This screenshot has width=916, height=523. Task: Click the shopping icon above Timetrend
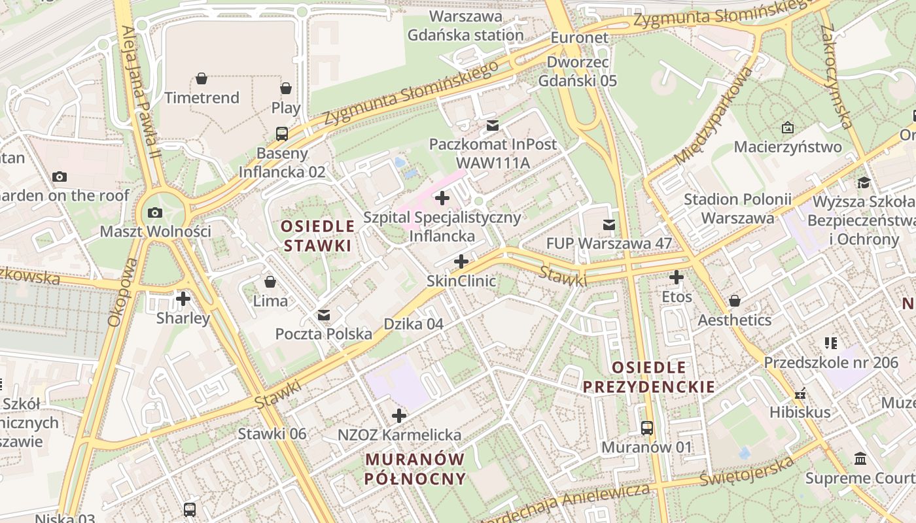click(202, 79)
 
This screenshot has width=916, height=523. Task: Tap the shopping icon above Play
click(286, 88)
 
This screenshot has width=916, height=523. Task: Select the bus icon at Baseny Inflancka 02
click(282, 134)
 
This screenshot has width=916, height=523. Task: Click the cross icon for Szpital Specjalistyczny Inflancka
click(442, 197)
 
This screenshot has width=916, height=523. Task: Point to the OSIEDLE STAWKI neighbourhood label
click(317, 236)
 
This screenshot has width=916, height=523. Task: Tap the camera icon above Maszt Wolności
click(155, 212)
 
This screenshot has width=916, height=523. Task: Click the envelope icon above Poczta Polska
click(324, 315)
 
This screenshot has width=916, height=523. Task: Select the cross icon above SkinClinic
click(461, 262)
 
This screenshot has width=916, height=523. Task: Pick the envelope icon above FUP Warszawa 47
click(609, 225)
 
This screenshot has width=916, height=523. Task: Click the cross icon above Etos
click(677, 278)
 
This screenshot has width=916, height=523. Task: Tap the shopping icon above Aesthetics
click(735, 301)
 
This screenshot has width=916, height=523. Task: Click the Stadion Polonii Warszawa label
click(737, 209)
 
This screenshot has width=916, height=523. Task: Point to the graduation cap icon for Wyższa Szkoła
click(864, 182)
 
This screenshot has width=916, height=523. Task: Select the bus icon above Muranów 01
click(647, 428)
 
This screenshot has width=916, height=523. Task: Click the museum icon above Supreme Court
click(860, 459)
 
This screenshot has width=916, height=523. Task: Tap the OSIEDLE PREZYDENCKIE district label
click(649, 377)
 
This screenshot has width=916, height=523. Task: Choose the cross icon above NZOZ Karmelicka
click(399, 416)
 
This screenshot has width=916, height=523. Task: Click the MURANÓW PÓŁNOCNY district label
click(415, 469)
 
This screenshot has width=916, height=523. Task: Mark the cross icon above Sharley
click(183, 299)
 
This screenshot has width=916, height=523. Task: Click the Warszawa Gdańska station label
click(466, 25)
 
